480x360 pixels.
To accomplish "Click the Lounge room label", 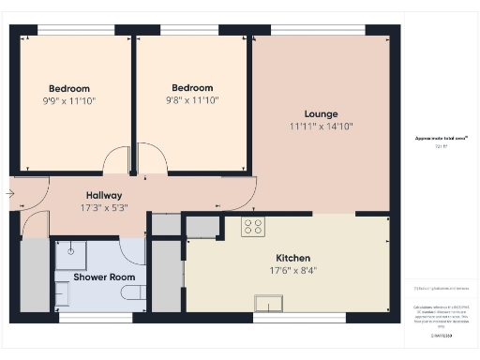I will point(321,113).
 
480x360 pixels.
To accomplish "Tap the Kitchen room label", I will point(292,258).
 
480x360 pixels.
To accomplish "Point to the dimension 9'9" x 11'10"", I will point(68,100).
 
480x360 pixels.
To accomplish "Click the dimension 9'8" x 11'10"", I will point(192,100).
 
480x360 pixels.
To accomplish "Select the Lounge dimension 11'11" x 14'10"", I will point(321,127).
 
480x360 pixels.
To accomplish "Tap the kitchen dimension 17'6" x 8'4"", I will point(292,270).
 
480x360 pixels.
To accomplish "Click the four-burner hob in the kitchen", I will point(253,226).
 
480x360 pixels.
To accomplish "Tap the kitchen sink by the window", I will point(270,302).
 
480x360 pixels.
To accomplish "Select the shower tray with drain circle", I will point(70,254).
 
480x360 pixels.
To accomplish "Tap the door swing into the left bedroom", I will point(116,161).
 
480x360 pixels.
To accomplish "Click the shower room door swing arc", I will point(132,251).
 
